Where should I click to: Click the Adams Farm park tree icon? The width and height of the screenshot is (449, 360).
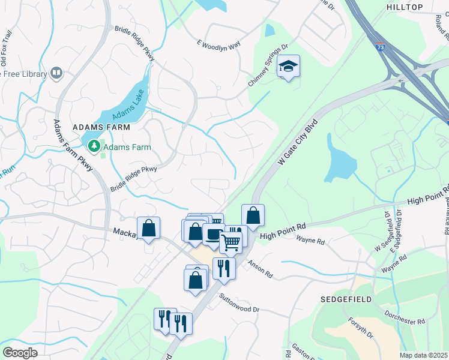tap(94, 146)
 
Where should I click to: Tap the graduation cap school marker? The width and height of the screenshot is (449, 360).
tap(289, 66)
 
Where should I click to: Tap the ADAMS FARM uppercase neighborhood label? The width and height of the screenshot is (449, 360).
tap(98, 128)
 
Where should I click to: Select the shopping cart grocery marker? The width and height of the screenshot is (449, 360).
tap(231, 242)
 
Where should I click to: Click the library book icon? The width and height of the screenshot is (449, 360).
tap(56, 73)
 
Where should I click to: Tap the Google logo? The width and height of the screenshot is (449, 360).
tap(20, 353)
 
